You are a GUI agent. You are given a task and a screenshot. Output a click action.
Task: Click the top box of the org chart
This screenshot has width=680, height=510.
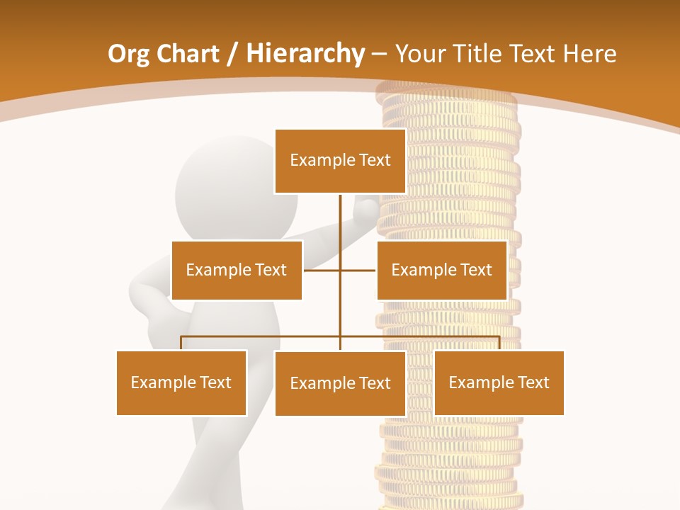point(340,161)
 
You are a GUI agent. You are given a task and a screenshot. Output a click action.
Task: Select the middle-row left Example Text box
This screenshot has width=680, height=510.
point(237,270)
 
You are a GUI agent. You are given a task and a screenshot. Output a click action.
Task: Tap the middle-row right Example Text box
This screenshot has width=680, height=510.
point(442,270)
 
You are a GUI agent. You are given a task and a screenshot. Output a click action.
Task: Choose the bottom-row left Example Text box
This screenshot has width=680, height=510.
point(181,382)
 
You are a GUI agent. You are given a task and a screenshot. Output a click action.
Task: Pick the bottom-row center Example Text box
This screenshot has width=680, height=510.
point(340,383)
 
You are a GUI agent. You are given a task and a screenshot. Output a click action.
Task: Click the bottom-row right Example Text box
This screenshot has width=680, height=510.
point(499,382)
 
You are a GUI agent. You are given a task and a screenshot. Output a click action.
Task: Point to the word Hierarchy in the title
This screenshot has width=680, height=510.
point(305,54)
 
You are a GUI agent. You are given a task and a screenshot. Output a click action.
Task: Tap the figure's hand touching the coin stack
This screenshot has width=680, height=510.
point(368,210)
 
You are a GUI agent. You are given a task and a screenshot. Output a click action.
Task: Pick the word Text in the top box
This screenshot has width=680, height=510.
point(374,161)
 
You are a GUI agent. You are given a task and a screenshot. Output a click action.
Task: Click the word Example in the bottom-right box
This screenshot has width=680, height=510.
point(476,382)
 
